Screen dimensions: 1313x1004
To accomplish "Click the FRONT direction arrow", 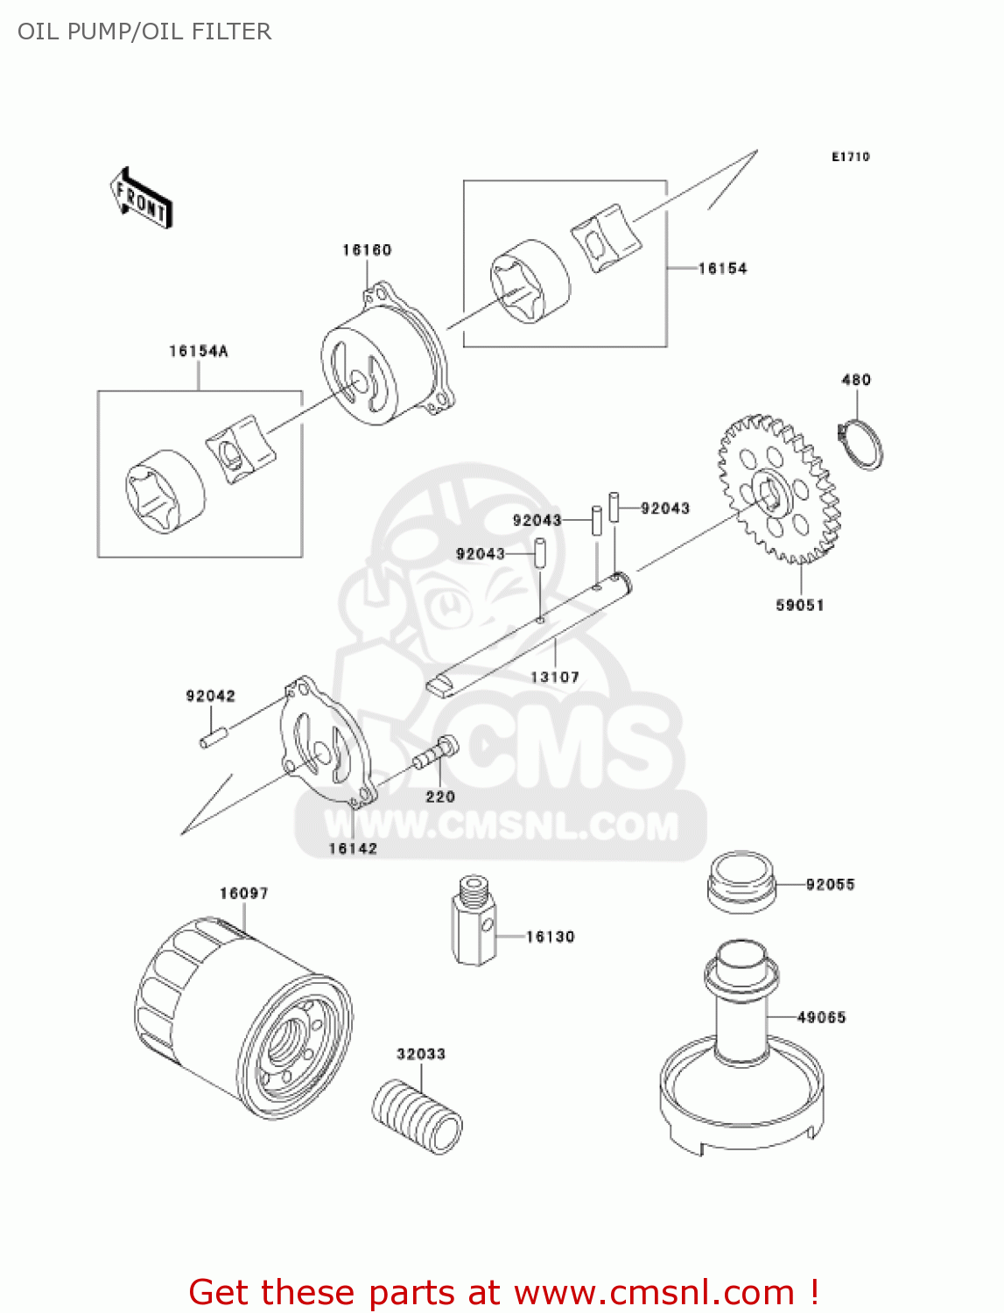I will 141,199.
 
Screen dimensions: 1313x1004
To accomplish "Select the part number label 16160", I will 367,250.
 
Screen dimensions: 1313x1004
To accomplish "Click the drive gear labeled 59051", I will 777,490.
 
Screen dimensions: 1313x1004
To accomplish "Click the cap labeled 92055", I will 741,881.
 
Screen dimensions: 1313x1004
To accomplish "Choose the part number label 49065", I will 821,1017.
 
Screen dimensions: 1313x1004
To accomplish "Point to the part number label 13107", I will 555,677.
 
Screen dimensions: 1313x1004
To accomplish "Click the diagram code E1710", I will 850,157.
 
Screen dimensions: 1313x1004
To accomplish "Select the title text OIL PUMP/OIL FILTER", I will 144,32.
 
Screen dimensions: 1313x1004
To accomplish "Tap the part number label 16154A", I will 199,351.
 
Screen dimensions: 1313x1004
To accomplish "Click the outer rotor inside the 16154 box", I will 530,282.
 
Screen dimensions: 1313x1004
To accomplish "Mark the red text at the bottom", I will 503,1292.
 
